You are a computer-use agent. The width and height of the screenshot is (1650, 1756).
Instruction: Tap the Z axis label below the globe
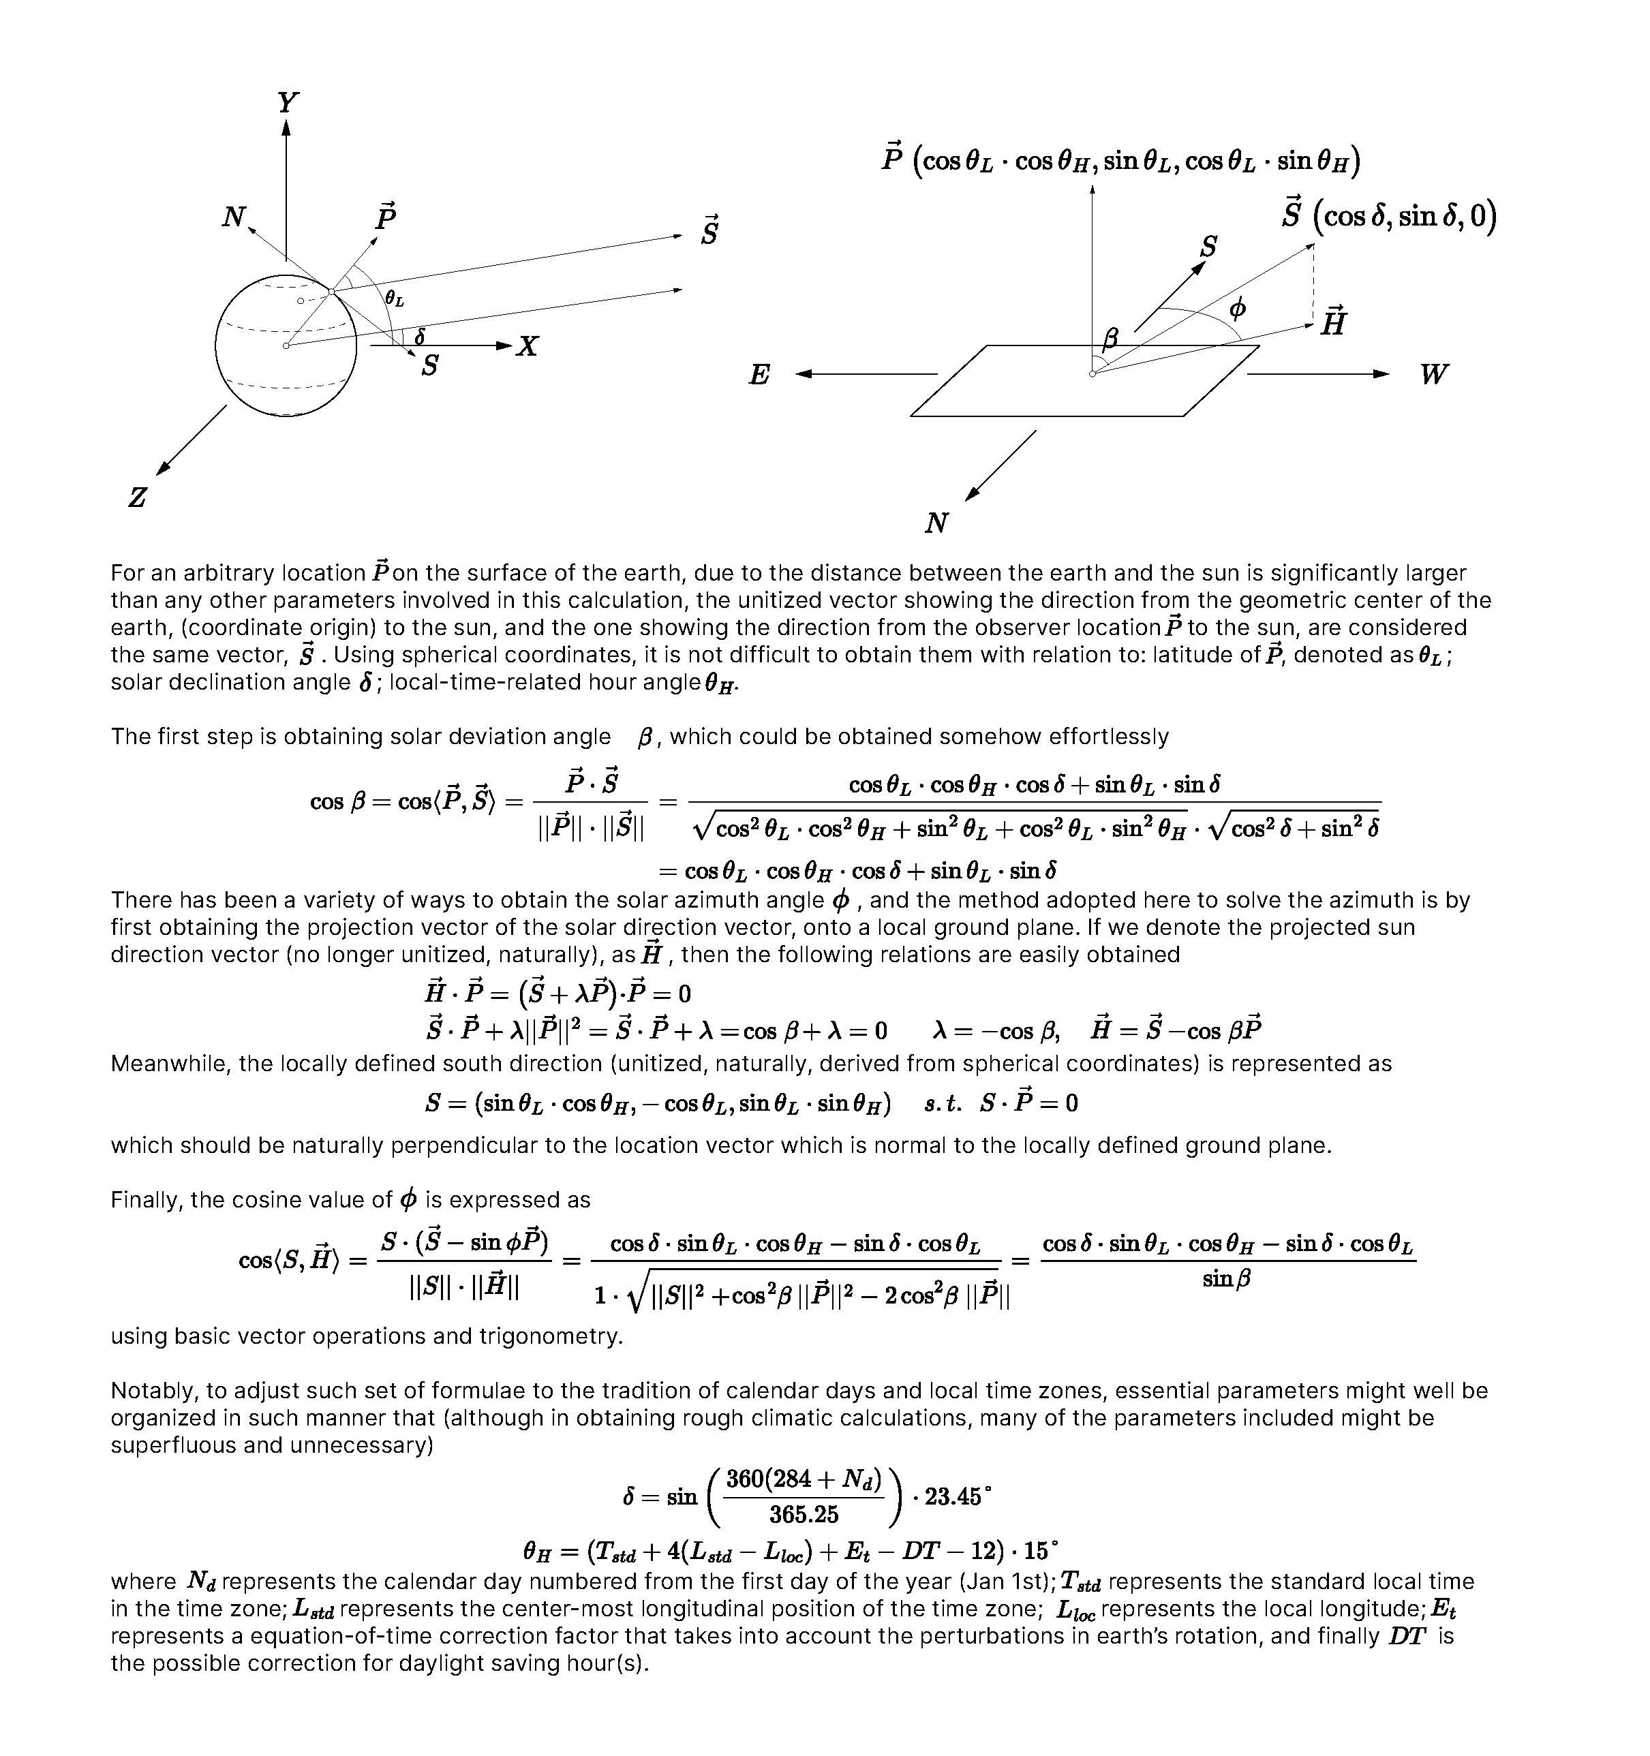[137, 497]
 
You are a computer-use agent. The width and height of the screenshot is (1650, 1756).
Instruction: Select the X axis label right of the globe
[528, 346]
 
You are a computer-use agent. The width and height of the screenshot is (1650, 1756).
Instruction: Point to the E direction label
[759, 375]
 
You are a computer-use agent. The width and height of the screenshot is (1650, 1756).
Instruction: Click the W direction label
[1433, 375]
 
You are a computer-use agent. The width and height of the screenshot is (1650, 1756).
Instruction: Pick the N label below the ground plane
[936, 524]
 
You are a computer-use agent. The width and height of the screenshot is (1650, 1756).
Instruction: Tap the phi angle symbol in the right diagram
[1238, 308]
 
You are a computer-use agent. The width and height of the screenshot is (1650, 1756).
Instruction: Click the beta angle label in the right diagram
[1110, 337]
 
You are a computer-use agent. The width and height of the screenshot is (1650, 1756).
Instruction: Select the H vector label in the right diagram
[1333, 322]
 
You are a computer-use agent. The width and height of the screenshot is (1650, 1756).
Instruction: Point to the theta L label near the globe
[394, 299]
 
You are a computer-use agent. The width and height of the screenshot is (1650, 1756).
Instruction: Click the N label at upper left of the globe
[233, 217]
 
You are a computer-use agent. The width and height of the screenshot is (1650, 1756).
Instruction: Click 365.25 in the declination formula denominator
[803, 1515]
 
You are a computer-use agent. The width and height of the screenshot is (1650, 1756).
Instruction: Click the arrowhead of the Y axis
[286, 127]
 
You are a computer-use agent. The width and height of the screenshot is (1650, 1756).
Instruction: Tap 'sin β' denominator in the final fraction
[1226, 1278]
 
